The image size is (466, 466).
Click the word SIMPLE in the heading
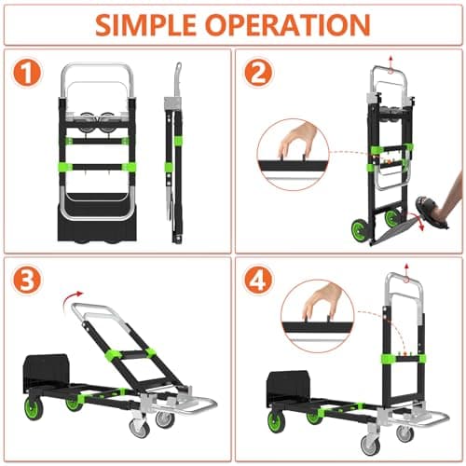(x=145, y=24)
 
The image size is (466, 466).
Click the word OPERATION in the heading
(x=288, y=24)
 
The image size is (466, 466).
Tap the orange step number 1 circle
(x=27, y=74)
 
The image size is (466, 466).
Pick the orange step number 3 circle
(x=26, y=281)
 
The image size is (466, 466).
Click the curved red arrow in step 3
(x=72, y=300)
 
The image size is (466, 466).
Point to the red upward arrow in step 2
(x=391, y=63)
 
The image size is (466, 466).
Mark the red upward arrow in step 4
(x=406, y=272)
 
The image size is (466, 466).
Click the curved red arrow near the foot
(x=417, y=221)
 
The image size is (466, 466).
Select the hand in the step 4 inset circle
(x=321, y=301)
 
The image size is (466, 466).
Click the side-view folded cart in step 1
(x=174, y=153)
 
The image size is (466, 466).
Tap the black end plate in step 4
(x=288, y=390)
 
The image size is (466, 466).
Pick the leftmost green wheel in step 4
(x=277, y=421)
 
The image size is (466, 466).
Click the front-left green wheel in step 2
(x=359, y=229)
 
